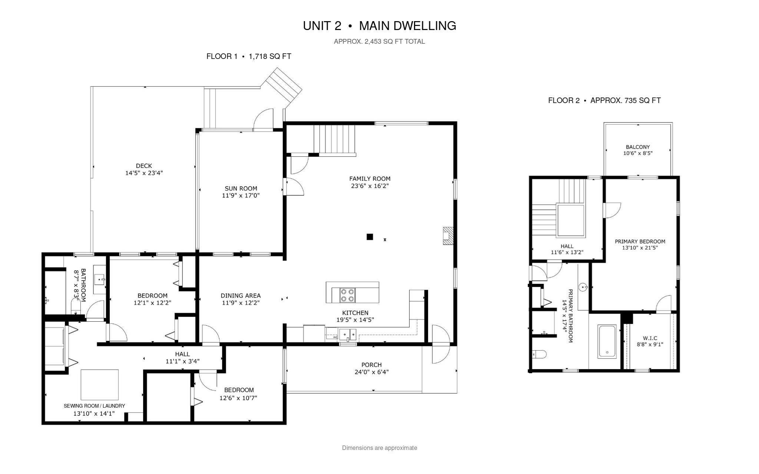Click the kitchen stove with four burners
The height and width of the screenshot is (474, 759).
coord(347,295)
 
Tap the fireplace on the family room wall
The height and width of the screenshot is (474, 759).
coord(447,236)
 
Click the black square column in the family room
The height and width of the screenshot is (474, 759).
coord(369,237)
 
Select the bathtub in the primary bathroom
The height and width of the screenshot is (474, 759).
coord(607,341)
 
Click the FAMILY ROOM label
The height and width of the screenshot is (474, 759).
coord(370,179)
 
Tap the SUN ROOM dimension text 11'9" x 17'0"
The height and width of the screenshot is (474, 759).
coord(241,195)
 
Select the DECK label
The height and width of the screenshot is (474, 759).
coord(144,166)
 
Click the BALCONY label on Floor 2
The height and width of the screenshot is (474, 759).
coord(638,147)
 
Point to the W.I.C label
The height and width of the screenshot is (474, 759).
coord(650,338)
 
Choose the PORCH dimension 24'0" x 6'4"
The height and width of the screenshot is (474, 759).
coord(371,372)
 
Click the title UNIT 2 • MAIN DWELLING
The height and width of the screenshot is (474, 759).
coord(379,26)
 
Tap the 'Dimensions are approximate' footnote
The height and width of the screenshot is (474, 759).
coord(379,448)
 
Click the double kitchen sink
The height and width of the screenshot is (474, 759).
coord(348,334)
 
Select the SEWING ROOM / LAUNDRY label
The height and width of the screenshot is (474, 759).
coord(94,406)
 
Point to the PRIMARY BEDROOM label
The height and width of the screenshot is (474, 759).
coord(640,241)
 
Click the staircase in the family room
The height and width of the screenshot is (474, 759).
coord(335,140)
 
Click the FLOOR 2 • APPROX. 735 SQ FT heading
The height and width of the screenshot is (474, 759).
coord(604,100)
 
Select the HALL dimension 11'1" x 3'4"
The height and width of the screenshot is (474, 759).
coord(183,361)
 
